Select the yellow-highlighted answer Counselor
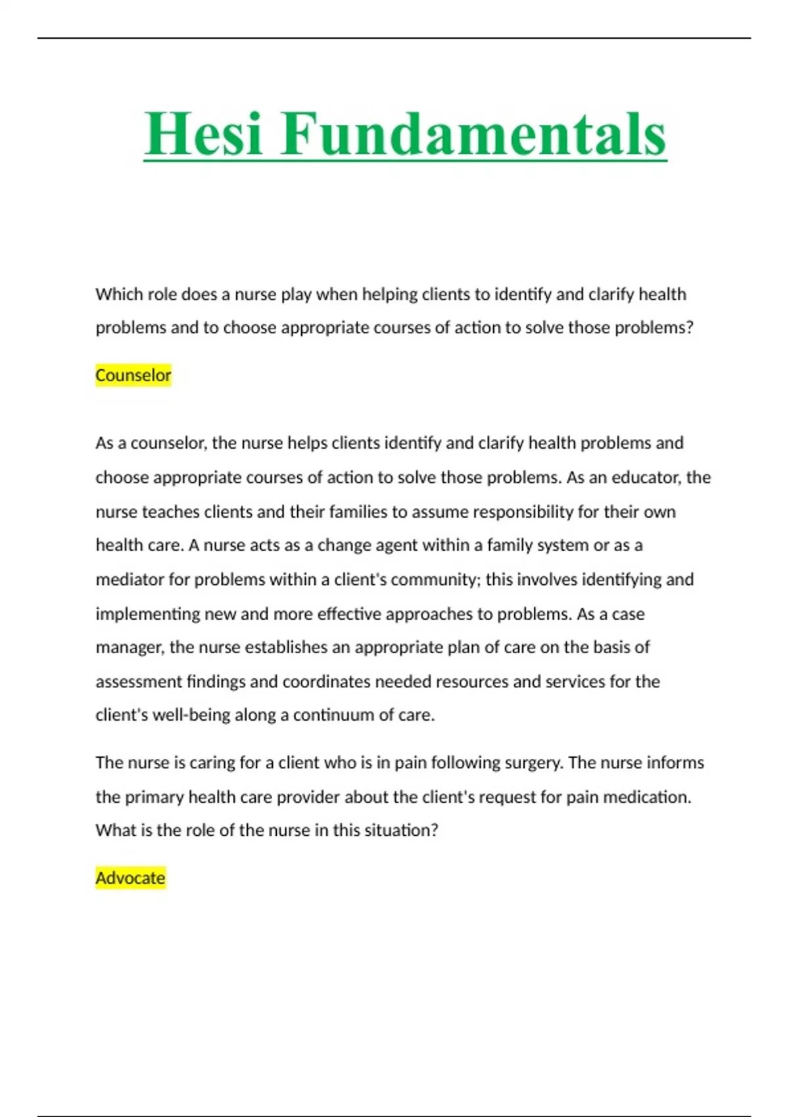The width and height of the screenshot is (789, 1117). coord(133,375)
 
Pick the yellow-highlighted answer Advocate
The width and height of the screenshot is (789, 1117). coord(130,878)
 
